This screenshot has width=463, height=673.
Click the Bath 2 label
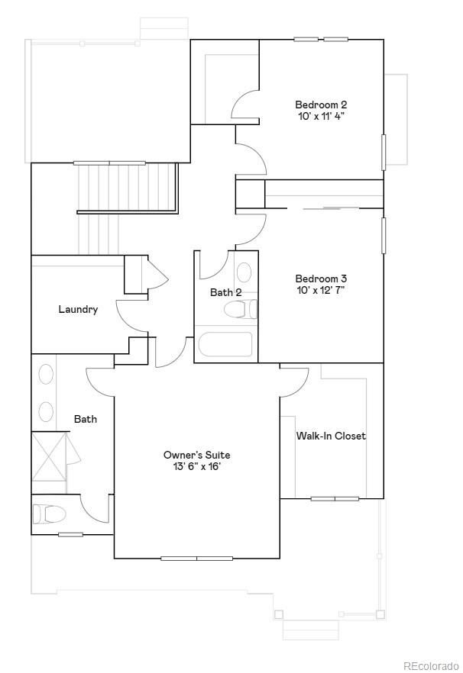coord(226,292)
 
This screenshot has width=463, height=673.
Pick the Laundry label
coord(78,309)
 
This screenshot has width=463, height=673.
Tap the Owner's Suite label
coord(196,455)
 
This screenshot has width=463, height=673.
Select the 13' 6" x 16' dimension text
coord(196,467)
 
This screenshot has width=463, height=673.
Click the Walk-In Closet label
coord(331,436)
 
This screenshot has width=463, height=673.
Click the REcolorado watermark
coord(431,665)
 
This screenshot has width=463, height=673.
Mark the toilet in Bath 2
coord(241,309)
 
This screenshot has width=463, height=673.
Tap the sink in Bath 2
coord(244,273)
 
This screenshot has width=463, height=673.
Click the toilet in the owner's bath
coord(49,514)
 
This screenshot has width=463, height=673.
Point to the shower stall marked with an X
coord(49,456)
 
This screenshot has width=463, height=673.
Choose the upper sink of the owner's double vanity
coord(46,375)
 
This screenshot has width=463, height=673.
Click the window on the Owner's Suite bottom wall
coord(196,559)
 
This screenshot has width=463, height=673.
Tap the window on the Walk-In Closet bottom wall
coord(335,499)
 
